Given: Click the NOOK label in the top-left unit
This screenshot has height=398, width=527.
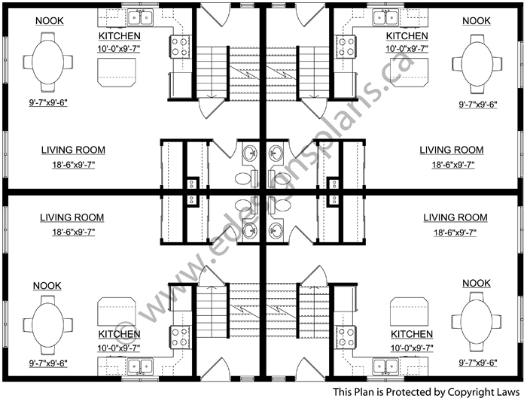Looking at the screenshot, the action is (50, 21).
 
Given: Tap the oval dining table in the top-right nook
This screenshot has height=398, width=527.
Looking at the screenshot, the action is (477, 64).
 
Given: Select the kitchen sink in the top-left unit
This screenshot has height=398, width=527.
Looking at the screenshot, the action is (140, 17).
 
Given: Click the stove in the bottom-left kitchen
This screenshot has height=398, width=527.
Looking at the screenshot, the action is (180, 337).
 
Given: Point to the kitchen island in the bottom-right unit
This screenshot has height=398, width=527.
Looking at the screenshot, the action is (410, 311).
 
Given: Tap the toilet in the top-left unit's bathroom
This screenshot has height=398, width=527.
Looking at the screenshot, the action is (246, 178).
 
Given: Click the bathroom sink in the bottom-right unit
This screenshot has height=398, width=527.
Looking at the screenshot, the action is (276, 230).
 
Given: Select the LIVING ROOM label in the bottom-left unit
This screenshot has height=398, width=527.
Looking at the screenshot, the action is (72, 217).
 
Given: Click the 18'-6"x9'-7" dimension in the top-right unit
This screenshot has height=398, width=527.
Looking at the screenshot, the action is (453, 165).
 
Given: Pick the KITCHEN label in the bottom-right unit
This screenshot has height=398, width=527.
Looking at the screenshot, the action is (412, 334).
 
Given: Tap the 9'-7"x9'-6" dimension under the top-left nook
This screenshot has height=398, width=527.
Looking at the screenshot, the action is (48, 102).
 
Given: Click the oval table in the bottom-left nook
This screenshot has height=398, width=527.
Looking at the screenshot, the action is (47, 325).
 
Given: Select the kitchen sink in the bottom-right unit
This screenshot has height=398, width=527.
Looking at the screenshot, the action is (385, 366).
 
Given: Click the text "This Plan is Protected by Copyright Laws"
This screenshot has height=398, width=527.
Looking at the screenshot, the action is (426, 392).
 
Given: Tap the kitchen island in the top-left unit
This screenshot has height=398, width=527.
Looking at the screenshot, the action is (117, 72).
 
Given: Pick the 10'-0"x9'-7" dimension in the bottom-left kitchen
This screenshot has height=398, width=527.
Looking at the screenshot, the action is (119, 348).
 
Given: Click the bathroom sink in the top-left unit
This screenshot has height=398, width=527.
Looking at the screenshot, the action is (250, 153).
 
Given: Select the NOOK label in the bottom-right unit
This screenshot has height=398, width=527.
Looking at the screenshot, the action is (477, 283).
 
